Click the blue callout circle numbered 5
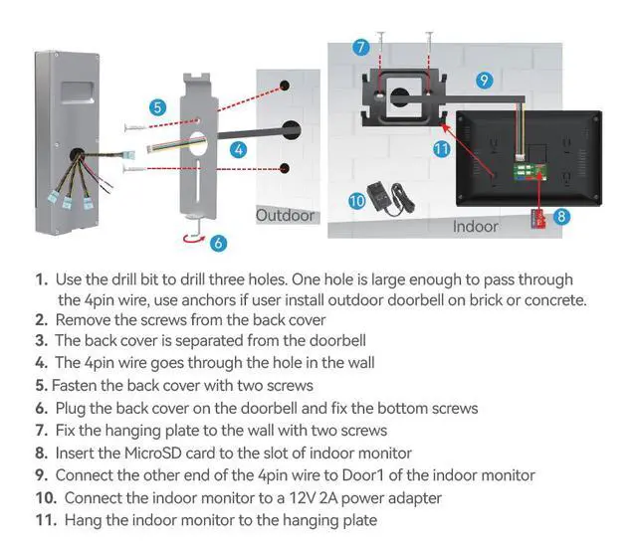click(157, 106)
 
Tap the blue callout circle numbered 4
click(238, 149)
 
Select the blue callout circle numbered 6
click(219, 242)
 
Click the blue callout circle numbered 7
click(361, 48)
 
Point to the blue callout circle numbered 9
click(485, 81)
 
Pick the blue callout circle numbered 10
click(357, 201)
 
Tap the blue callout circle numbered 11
click(442, 148)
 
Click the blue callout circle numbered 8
click(562, 214)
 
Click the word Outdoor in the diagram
click(285, 215)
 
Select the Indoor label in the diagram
click(475, 227)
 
